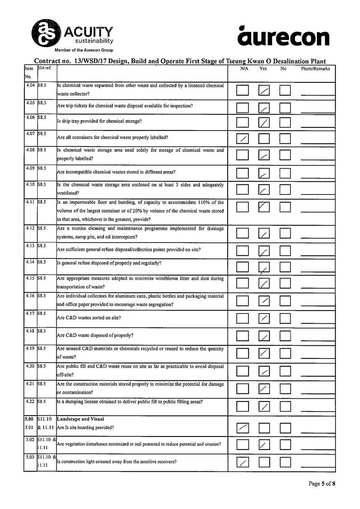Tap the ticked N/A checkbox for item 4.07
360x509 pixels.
243,138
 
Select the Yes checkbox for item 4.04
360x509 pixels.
264,91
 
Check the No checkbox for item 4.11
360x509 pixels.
285,207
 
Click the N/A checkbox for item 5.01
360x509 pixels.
243,427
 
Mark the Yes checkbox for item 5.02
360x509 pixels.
264,445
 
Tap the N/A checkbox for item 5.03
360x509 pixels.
243,462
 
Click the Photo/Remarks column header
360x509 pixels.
316,69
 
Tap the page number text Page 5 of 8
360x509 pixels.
322,484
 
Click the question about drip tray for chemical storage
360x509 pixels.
99,121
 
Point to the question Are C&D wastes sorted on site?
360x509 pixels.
89,318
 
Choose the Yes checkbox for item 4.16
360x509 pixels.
264,301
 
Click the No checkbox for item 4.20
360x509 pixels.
285,371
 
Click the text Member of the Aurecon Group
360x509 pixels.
84,50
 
